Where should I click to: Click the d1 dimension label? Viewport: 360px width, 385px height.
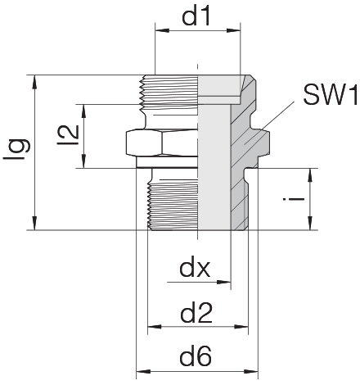(196, 16)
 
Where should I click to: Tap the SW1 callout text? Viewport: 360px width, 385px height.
(331, 94)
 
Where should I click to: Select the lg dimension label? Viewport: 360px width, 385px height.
(16, 150)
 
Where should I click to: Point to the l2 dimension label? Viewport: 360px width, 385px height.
(68, 135)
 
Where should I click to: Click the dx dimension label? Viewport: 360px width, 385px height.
(195, 269)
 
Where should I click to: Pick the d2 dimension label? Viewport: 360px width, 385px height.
(196, 314)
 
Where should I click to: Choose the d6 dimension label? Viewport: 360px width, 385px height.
(196, 356)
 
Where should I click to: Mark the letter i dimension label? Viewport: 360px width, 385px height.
(294, 199)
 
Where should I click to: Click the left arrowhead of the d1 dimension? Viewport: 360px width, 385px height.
(162, 30)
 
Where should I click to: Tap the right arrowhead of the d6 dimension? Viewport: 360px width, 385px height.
(251, 372)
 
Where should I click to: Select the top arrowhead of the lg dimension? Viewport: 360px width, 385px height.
(34, 82)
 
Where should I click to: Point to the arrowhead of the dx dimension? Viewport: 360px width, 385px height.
(224, 282)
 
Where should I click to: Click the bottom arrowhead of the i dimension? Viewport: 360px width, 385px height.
(310, 223)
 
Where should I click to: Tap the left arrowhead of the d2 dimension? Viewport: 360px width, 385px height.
(155, 326)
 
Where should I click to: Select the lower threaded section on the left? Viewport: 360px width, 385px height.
(173, 205)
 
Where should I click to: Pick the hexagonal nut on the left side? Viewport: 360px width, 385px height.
(162, 143)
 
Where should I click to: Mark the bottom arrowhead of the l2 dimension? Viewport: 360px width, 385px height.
(84, 161)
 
